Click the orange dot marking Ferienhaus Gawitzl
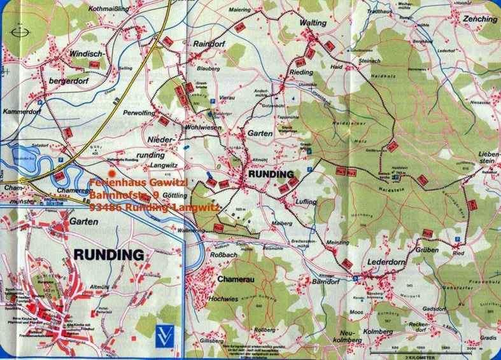[x=112, y=172]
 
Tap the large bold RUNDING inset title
[x=109, y=255]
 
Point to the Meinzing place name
[x=337, y=242]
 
